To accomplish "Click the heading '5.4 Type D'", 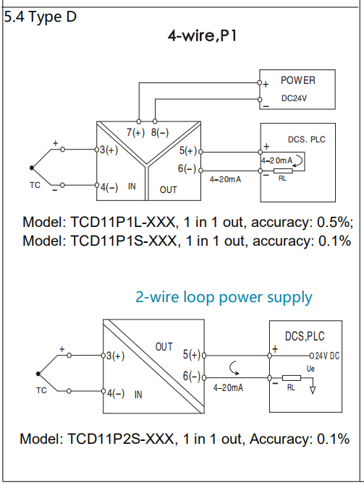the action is tap(41, 17).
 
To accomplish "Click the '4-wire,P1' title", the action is tap(203, 35).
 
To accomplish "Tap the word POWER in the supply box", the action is tap(298, 80).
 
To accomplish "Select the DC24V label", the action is tap(294, 98).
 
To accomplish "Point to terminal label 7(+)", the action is tap(135, 132).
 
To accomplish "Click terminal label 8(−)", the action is tap(160, 132).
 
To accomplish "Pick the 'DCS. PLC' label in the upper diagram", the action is tap(307, 140).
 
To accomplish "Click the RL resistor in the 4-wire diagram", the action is tap(283, 171).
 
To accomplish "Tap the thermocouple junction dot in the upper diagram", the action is tap(32, 168).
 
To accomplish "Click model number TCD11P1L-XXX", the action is tap(123, 222).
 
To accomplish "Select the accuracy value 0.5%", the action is tap(334, 222).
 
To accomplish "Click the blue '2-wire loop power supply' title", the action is tap(224, 297).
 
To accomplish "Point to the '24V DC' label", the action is tap(327, 356).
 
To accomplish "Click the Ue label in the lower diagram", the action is tap(310, 369).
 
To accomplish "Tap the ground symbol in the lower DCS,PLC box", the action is tap(313, 390).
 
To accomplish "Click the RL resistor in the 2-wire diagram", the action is tap(292, 378).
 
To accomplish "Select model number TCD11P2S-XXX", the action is tap(120, 439).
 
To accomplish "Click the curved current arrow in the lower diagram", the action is tap(233, 367).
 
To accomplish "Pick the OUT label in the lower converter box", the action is tap(164, 347).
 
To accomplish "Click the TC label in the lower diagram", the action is tap(41, 390).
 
